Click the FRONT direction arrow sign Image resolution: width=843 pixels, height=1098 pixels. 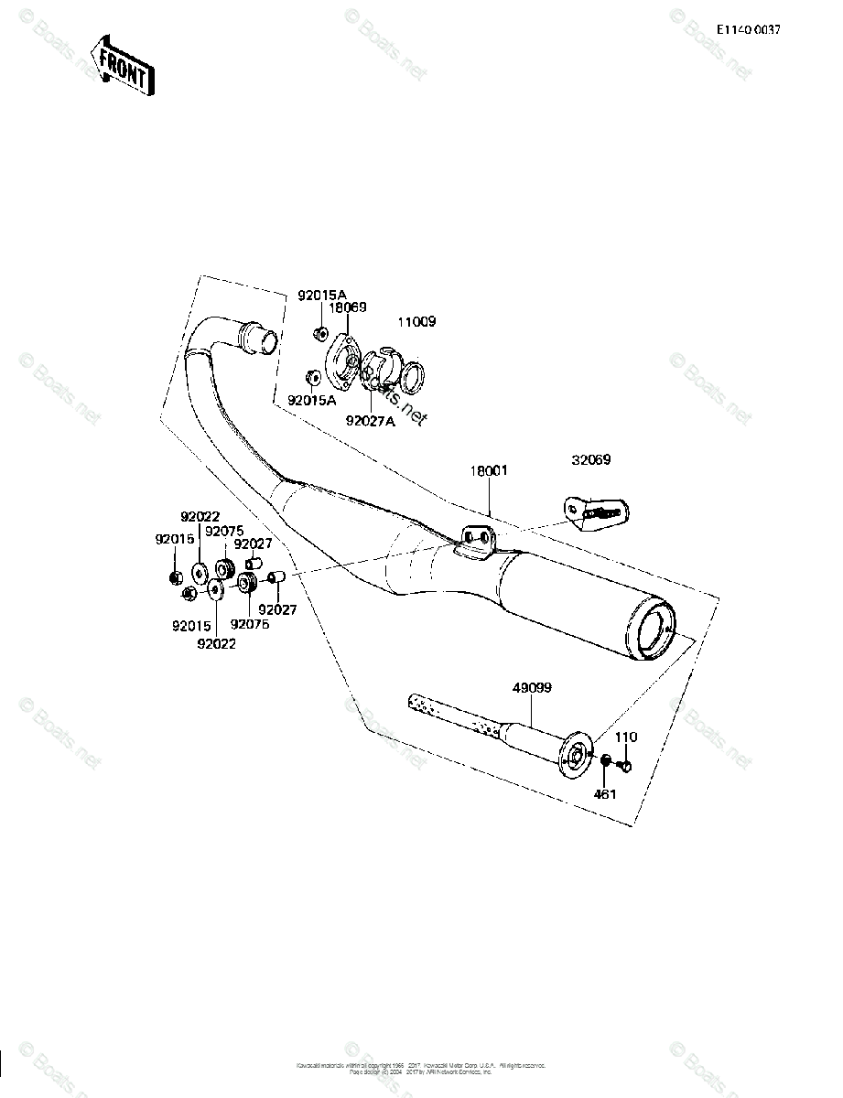[x=123, y=66]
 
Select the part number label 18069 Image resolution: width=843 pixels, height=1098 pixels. [x=348, y=308]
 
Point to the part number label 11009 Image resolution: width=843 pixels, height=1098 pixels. [x=416, y=322]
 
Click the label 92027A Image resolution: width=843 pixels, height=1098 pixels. [x=370, y=421]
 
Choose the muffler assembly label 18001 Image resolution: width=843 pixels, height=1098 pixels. [x=489, y=470]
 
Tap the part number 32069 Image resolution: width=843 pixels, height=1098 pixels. [x=591, y=460]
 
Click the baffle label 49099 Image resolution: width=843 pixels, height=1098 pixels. [x=533, y=687]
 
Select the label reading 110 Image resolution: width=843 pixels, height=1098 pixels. [x=626, y=737]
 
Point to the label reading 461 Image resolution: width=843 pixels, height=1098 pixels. [x=605, y=794]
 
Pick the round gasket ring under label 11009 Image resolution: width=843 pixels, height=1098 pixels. [x=411, y=375]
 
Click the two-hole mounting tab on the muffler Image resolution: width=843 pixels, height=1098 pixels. [x=476, y=540]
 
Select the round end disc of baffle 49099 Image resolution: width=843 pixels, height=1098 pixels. [x=578, y=755]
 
